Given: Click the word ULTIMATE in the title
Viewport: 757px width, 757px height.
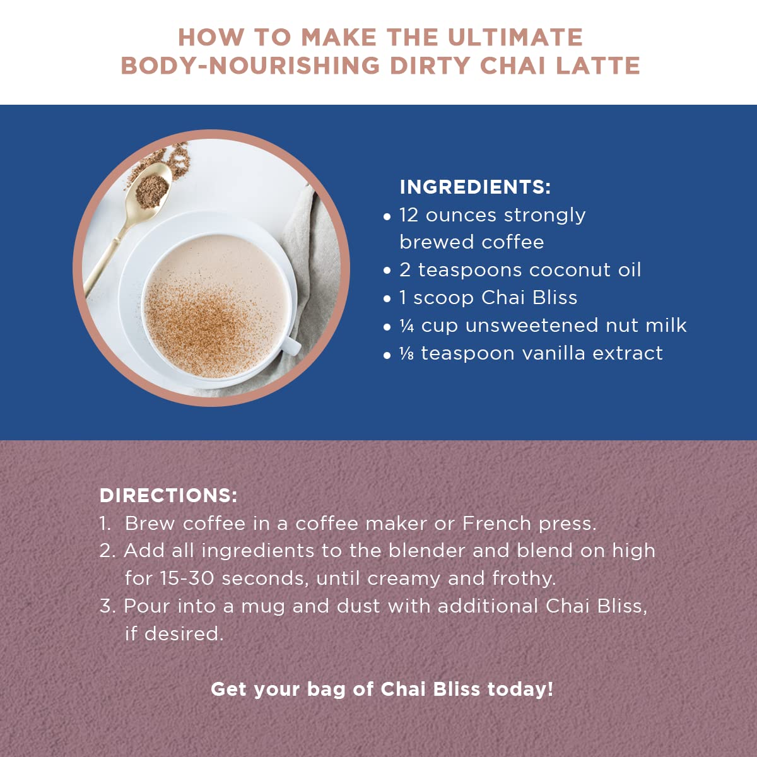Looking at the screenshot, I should click(x=515, y=38).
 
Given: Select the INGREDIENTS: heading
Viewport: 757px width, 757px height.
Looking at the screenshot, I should click(x=475, y=187).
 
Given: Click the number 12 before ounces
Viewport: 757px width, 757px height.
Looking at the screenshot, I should click(x=409, y=215).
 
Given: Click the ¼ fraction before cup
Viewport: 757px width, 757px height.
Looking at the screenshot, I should click(x=407, y=326).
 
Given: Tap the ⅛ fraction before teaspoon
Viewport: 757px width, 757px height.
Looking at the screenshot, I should click(x=407, y=353).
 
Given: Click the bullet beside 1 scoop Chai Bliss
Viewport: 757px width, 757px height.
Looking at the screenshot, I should click(x=387, y=299).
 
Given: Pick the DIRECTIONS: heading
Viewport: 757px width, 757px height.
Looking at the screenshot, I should click(x=168, y=495).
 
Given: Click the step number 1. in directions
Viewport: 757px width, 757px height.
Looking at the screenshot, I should click(x=105, y=524).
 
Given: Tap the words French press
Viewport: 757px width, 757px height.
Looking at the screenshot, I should click(x=529, y=524).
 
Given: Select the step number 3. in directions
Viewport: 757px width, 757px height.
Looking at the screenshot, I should click(x=107, y=606).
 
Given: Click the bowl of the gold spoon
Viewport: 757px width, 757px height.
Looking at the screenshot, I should click(x=152, y=187).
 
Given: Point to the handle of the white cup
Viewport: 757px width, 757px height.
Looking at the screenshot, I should click(x=290, y=344).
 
